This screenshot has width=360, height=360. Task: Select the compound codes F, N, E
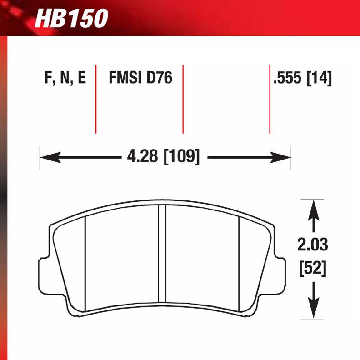coord(65,79)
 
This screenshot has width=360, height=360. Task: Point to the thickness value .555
coord(288,79)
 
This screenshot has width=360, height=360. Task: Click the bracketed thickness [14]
coord(320,79)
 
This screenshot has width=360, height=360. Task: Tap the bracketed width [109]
coord(181,157)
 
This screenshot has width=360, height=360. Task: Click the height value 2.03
coord(313,245)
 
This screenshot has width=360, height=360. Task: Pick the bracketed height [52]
coord(313,268)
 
